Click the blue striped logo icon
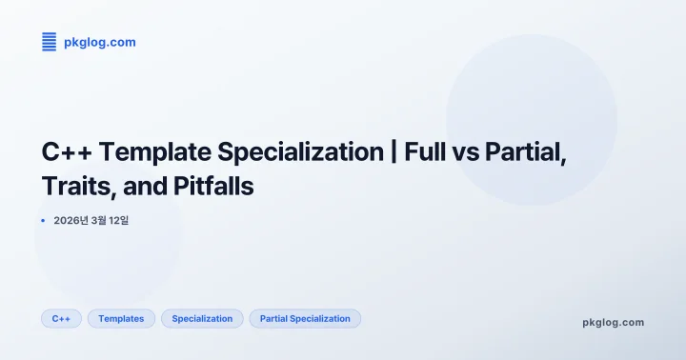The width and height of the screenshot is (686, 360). pos(50,41)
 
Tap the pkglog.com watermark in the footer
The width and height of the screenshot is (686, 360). pos(613,322)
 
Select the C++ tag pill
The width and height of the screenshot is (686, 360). pos(61,318)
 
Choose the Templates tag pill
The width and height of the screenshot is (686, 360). pos(121,318)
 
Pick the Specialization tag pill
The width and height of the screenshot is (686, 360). pos(202,318)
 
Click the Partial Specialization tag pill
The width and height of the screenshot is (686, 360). pos(305,318)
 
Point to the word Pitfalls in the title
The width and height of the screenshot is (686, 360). pos(214,186)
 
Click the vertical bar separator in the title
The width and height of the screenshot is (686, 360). pos(393,152)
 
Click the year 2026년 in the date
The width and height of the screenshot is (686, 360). pos(71,221)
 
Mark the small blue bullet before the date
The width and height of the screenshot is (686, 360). pos(44,221)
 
